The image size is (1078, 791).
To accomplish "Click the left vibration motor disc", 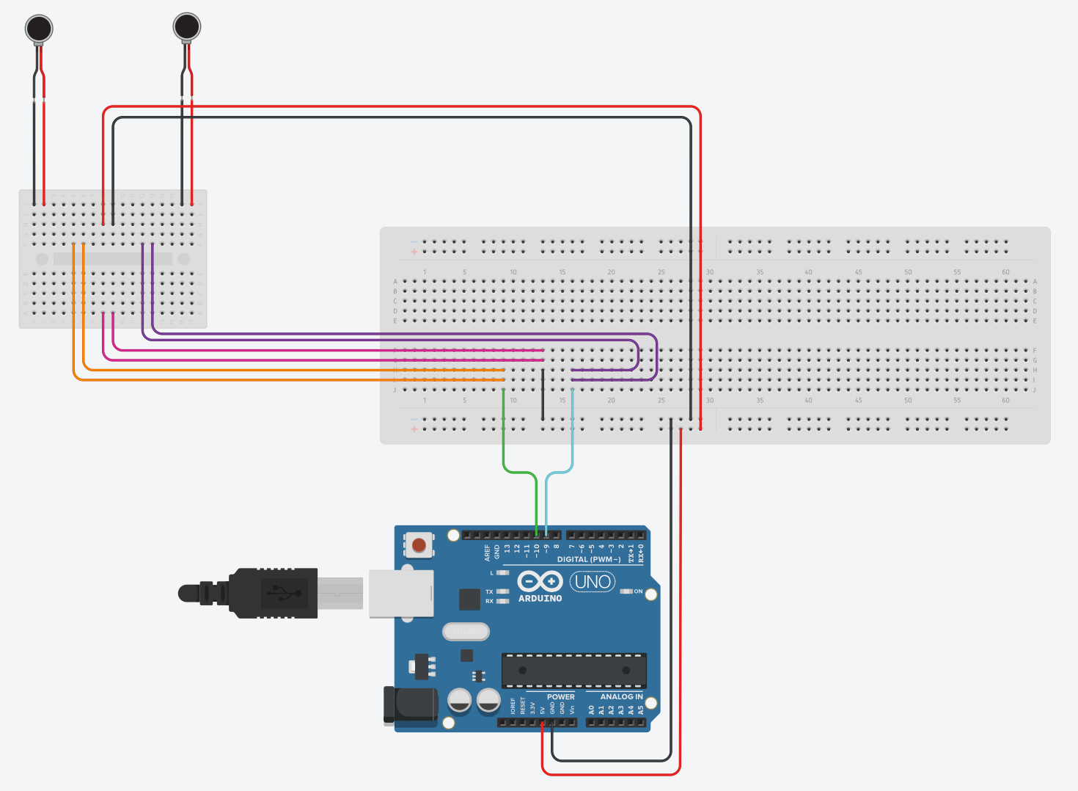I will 39,29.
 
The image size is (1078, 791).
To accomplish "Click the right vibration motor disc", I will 187,26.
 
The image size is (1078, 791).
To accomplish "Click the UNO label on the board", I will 593,582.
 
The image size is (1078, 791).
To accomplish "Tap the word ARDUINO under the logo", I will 540,599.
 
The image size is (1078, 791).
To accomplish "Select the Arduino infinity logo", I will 540,581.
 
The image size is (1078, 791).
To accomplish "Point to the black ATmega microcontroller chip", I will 573,670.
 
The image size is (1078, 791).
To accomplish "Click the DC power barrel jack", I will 411,706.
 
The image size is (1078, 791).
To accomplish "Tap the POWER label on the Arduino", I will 561,697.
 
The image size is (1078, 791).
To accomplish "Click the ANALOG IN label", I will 621,697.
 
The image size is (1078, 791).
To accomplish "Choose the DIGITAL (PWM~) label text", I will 588,559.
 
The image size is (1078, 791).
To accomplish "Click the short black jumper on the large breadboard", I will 543,394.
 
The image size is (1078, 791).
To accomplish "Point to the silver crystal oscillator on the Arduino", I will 466,631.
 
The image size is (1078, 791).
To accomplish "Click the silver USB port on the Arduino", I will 400,593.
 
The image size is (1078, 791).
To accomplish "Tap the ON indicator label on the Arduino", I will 638,591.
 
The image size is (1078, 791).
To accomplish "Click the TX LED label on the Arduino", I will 489,591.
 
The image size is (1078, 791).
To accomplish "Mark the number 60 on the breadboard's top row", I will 1005,272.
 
